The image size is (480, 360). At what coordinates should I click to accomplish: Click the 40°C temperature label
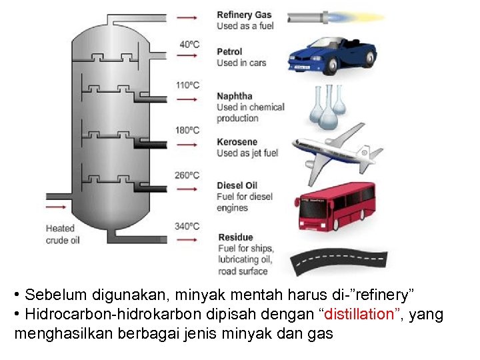[189, 45]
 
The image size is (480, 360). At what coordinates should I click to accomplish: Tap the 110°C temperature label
[187, 85]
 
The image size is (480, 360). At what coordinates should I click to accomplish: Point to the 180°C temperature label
[187, 130]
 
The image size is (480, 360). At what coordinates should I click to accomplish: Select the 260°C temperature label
[187, 175]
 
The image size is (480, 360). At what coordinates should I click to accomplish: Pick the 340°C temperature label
[187, 227]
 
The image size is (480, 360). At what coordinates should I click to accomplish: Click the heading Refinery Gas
[244, 15]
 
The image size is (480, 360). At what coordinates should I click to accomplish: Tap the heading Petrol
[229, 51]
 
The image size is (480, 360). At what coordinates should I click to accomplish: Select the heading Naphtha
[235, 96]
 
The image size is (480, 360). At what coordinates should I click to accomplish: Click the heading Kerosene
[237, 142]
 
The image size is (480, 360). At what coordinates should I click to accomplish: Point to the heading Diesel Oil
[237, 185]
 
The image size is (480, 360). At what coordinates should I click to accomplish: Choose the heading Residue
[235, 237]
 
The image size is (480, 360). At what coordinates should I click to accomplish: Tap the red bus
[336, 206]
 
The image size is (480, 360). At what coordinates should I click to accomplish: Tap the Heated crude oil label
[63, 234]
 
